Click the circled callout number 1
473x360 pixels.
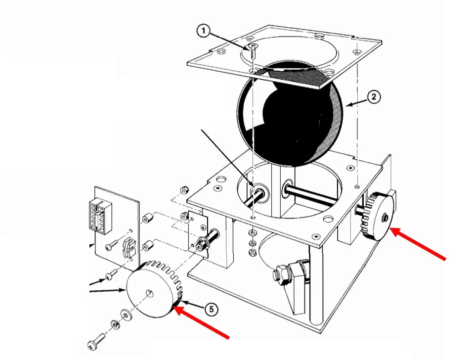click(203, 31)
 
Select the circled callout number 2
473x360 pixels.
click(374, 97)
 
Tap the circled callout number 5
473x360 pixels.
click(211, 310)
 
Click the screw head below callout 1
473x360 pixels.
click(253, 47)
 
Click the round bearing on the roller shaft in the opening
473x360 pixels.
click(259, 193)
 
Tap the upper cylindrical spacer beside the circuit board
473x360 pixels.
click(147, 219)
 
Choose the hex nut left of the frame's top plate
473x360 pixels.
click(184, 190)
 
